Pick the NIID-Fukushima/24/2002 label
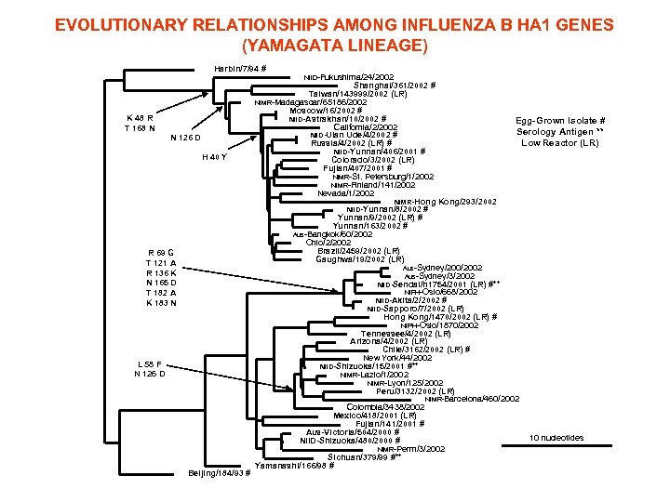pos(349,76)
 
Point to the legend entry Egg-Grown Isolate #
pos(561,121)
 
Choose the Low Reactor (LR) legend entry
pos(560,143)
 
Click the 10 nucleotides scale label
pos(556,438)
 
